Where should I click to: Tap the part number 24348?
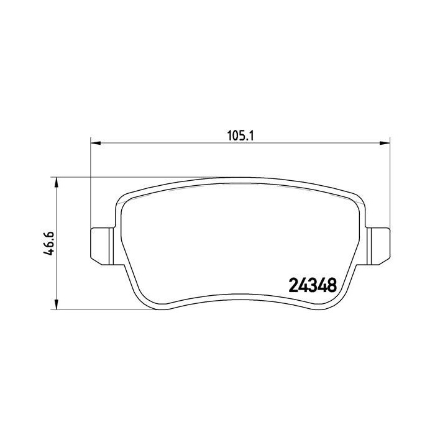tap(313, 285)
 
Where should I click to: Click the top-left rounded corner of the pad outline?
tap(123, 201)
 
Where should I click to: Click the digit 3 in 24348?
tap(313, 285)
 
